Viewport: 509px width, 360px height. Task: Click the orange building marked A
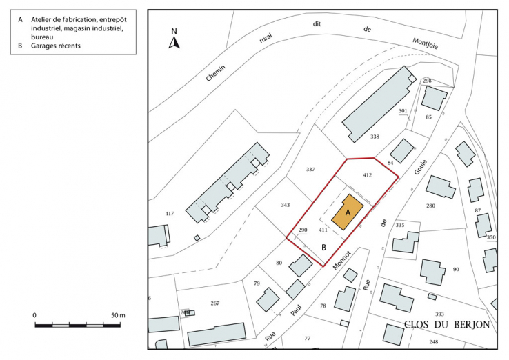tap(348, 214)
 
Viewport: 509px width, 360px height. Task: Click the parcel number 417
tap(170, 214)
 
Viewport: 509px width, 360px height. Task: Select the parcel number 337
tap(310, 169)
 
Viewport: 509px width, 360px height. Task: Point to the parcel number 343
tap(286, 205)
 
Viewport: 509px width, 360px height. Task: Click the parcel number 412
tap(367, 175)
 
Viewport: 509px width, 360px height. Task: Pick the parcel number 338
tap(375, 137)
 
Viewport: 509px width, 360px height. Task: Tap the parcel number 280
tap(431, 206)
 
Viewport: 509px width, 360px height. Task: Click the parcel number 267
tap(214, 303)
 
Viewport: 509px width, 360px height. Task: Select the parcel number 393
tap(439, 314)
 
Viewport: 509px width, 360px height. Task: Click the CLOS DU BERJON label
tap(447, 325)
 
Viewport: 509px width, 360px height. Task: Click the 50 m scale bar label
tap(117, 315)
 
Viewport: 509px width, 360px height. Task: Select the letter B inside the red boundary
tap(323, 246)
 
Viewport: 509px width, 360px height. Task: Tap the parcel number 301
tap(403, 111)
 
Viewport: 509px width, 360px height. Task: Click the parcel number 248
tap(433, 342)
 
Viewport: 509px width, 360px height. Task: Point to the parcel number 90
tap(456, 269)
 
